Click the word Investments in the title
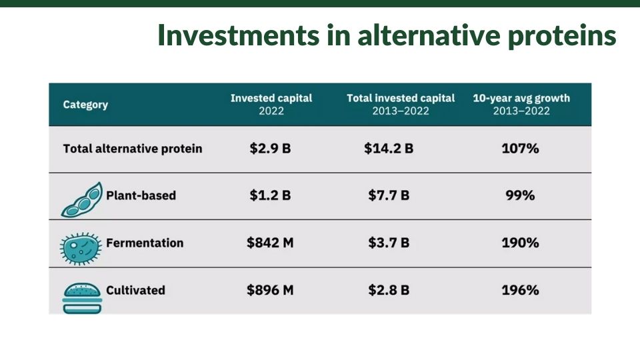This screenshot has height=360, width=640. point(239,35)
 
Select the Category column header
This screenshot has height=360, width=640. point(85,105)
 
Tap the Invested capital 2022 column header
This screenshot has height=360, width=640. point(271,105)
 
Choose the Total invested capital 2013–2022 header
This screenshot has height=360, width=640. point(401,105)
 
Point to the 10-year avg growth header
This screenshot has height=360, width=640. point(521,105)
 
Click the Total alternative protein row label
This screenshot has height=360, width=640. point(133,149)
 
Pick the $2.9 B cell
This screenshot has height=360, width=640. point(270,148)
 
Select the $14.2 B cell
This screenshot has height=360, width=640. point(389,148)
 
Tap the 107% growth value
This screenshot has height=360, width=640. point(520,148)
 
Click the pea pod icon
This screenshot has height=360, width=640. point(81,199)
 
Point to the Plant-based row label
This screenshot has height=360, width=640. point(141,195)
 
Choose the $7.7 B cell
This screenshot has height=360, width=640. point(389,195)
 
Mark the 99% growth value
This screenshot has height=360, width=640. point(520,195)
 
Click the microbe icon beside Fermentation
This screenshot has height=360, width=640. point(81,249)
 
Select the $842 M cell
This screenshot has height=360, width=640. point(270,243)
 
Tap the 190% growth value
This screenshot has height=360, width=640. point(520,243)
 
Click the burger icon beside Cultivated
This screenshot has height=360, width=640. point(82,299)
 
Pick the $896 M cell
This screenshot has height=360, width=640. point(270,290)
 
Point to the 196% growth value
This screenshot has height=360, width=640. point(520,290)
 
